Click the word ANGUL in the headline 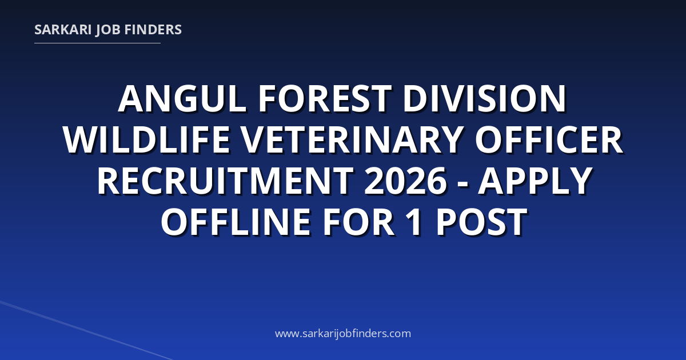coord(182,99)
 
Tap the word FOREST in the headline coord(325,99)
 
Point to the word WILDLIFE coord(147,140)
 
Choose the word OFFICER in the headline coord(548,140)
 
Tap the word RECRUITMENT coord(225,181)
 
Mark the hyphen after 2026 coord(464,184)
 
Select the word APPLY coord(535,181)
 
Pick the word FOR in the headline coord(358,222)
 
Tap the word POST coord(481,222)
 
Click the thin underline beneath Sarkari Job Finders coord(97,43)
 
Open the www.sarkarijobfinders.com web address coord(343,333)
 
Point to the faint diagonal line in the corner coord(86,330)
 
